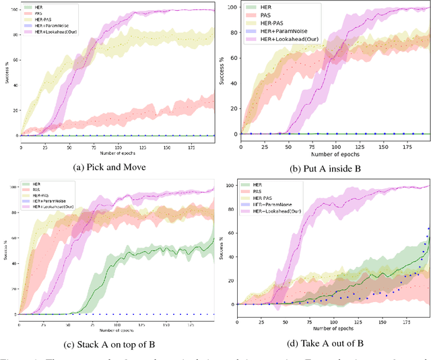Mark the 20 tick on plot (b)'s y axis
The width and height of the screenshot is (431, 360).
click(x=236, y=108)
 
